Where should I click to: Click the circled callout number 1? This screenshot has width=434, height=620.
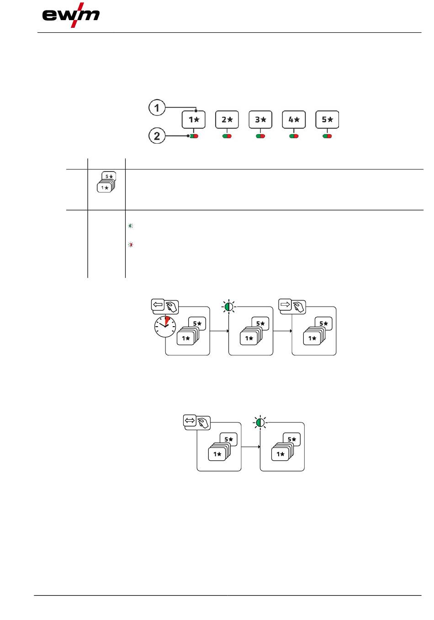(x=157, y=108)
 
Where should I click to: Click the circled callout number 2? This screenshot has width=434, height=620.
(x=157, y=136)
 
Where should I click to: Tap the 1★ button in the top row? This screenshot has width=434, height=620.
(x=194, y=120)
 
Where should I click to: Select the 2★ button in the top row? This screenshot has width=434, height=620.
(x=227, y=120)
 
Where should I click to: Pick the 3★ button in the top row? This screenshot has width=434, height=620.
(x=260, y=120)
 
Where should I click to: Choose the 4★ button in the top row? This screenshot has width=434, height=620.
(x=294, y=120)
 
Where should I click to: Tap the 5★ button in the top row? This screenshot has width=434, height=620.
(x=327, y=120)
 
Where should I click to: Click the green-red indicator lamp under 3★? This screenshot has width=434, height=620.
(x=260, y=136)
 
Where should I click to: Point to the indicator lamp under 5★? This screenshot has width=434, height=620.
(x=327, y=136)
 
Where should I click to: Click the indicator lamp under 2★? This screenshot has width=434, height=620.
(x=227, y=136)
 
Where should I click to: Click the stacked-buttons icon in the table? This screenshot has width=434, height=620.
(x=106, y=182)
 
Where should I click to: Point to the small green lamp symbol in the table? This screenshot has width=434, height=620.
(x=131, y=226)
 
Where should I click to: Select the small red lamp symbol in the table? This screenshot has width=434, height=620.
(x=131, y=245)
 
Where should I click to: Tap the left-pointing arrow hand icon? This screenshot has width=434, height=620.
(x=164, y=306)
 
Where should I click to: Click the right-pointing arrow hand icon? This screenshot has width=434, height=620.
(x=292, y=306)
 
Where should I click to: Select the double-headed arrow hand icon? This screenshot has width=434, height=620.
(x=196, y=422)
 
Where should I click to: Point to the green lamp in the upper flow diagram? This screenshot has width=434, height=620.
(x=229, y=307)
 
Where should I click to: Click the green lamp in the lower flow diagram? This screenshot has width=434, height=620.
(x=260, y=422)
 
